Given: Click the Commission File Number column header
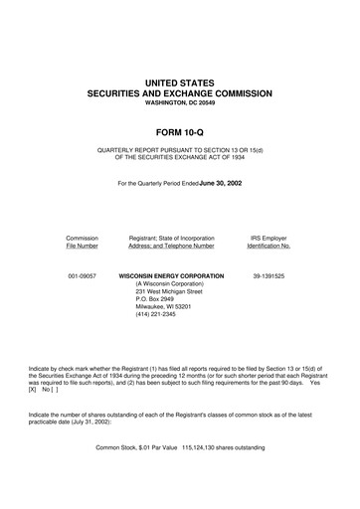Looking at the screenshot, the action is click(x=82, y=244).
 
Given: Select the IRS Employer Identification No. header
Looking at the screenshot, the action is click(x=269, y=244).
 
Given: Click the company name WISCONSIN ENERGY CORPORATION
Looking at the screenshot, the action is click(x=171, y=274).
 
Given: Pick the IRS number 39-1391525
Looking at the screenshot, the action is click(x=269, y=274).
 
